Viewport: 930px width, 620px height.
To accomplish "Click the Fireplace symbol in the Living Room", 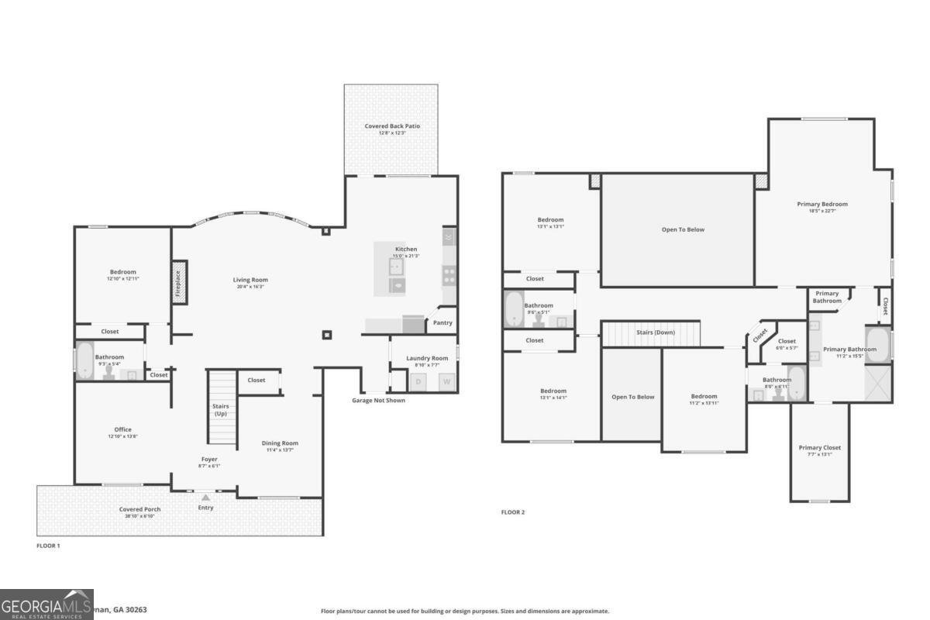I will (x=178, y=282).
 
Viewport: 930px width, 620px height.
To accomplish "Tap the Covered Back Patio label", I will (x=392, y=126).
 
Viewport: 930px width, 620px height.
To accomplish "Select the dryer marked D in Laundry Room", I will (x=419, y=381).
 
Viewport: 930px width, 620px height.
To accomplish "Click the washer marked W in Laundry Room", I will (x=446, y=381).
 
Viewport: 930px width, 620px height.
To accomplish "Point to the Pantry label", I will (x=443, y=322).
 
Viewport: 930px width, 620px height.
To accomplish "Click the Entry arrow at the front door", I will (x=205, y=498).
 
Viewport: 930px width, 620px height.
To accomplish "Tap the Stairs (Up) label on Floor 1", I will (x=220, y=410).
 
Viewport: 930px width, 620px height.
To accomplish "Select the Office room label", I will (x=122, y=429).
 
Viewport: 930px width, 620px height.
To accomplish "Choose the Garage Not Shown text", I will (x=378, y=401).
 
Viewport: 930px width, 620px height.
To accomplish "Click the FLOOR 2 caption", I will (x=513, y=512).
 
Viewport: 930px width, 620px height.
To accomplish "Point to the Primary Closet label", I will (x=819, y=447).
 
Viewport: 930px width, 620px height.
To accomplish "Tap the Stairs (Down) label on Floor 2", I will (x=655, y=332).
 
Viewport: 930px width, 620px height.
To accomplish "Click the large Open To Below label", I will (x=683, y=229).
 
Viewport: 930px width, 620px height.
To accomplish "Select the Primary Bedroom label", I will (x=822, y=204).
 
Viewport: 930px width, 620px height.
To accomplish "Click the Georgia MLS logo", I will (x=46, y=604).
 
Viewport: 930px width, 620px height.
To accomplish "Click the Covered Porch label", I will (x=140, y=509).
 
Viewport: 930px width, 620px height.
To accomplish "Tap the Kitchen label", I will (x=406, y=250).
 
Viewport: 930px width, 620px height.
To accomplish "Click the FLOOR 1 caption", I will (x=48, y=546).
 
